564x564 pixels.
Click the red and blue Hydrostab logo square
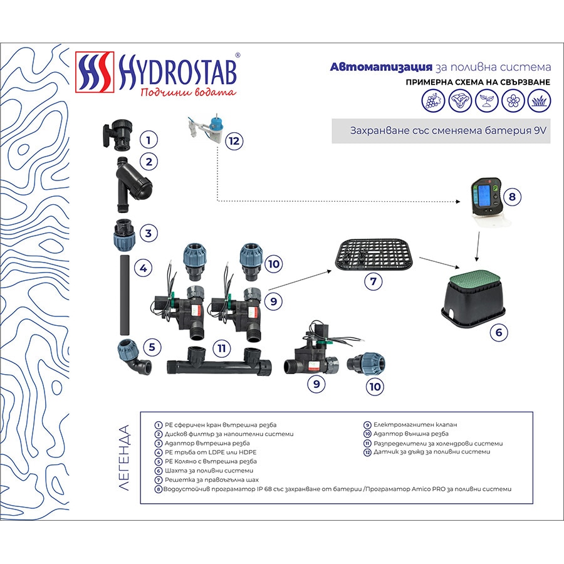coord(95,72)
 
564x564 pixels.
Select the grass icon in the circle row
coord(539,100)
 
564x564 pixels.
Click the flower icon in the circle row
coord(513,100)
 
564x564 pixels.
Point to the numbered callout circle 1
coord(149,140)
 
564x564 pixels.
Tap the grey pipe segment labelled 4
coord(125,295)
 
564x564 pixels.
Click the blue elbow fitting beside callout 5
coord(134,357)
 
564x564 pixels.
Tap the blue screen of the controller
coord(482,197)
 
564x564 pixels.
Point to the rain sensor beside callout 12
coord(204,128)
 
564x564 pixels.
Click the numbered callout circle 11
coord(221,348)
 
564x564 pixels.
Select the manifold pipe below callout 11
coord(219,362)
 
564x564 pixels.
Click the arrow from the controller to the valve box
coord(478,246)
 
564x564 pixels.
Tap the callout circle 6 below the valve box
coord(499,332)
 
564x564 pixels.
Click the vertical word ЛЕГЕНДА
coord(123,457)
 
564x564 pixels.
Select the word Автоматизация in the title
coord(381,67)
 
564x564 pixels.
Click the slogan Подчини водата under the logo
coord(188,92)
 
